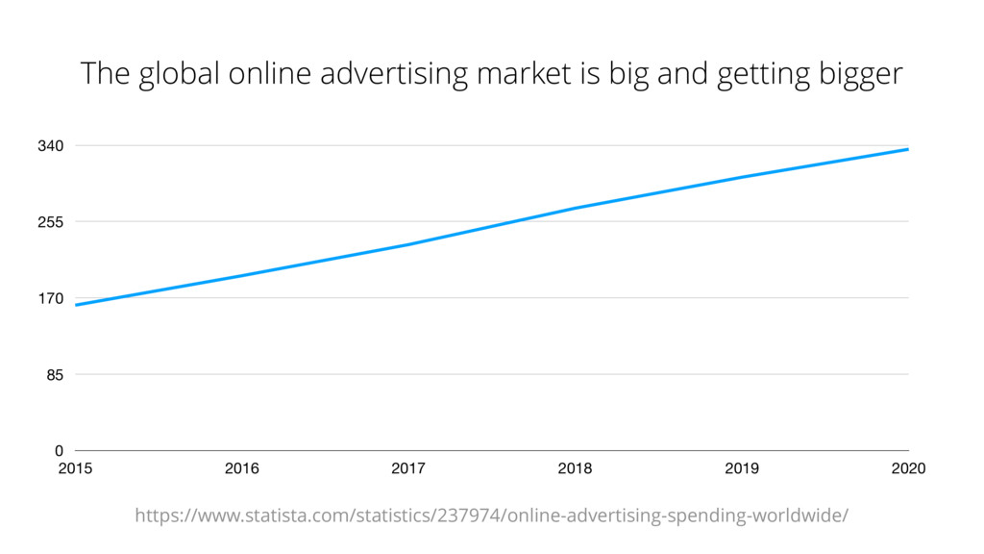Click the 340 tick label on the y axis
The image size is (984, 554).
click(51, 146)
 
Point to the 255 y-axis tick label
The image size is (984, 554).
click(51, 222)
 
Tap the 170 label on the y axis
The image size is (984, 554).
click(51, 299)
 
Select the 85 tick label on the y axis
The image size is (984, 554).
click(55, 375)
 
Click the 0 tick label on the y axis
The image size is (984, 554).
click(59, 451)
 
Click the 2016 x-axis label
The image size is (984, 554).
click(241, 469)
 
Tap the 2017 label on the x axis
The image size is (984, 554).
click(408, 469)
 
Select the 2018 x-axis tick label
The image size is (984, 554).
click(575, 469)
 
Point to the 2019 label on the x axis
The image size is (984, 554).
click(742, 469)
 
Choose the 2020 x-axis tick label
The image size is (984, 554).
click(908, 469)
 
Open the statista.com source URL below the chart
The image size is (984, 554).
click(491, 516)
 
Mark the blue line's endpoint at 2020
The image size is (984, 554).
click(908, 149)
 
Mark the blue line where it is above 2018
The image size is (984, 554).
click(575, 208)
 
